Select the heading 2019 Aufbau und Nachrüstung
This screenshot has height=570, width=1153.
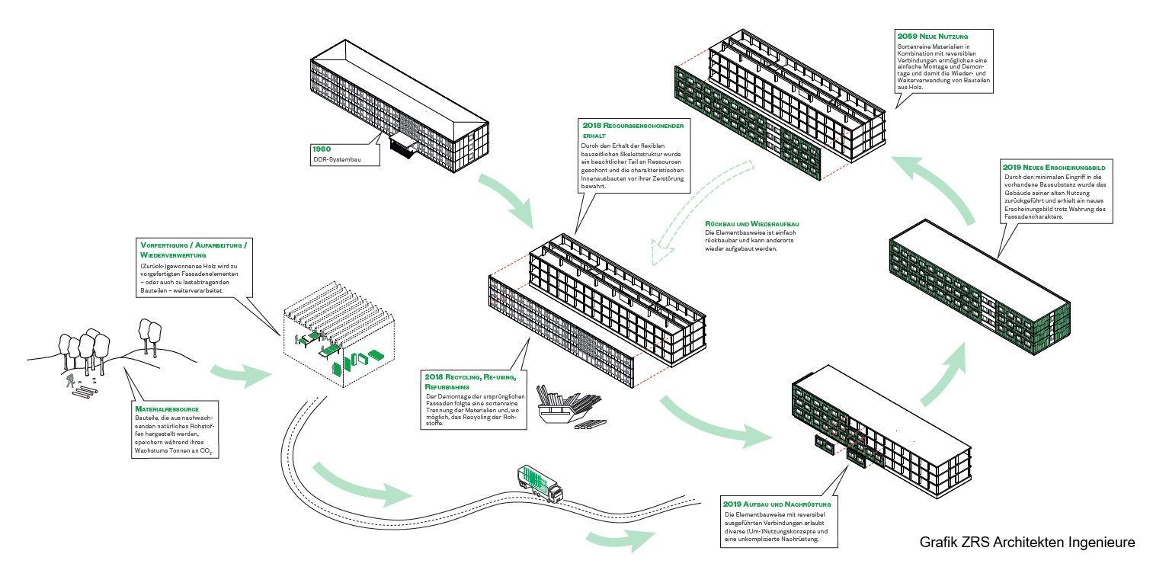click(x=777, y=504)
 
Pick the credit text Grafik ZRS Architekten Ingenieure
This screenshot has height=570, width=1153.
click(x=1027, y=542)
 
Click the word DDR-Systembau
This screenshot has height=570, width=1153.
click(x=336, y=159)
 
